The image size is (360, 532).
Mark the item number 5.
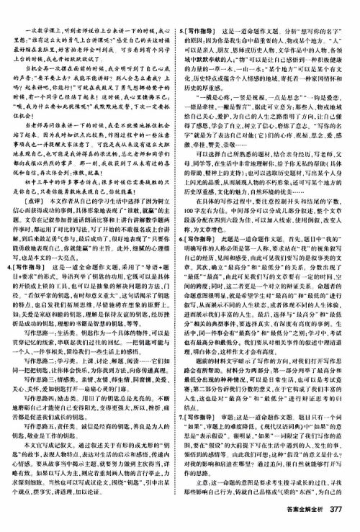pyautogui.click(x=189, y=11)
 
